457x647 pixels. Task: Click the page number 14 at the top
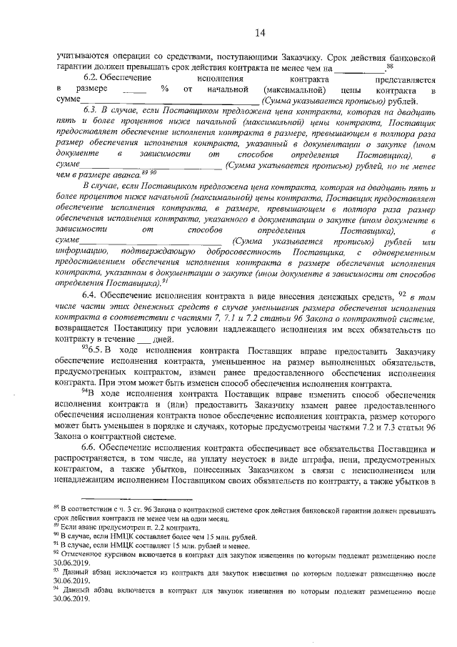258,32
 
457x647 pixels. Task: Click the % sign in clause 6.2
164,89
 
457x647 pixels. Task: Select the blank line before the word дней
144,341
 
